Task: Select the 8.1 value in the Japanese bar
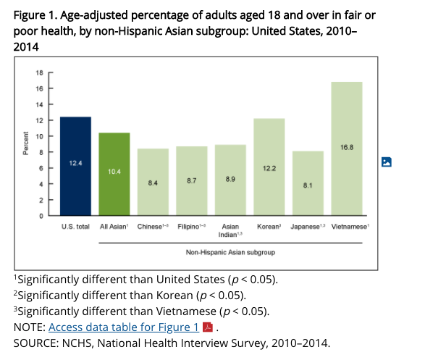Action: point(307,185)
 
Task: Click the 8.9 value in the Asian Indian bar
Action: point(230,179)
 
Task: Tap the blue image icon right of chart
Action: point(387,162)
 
